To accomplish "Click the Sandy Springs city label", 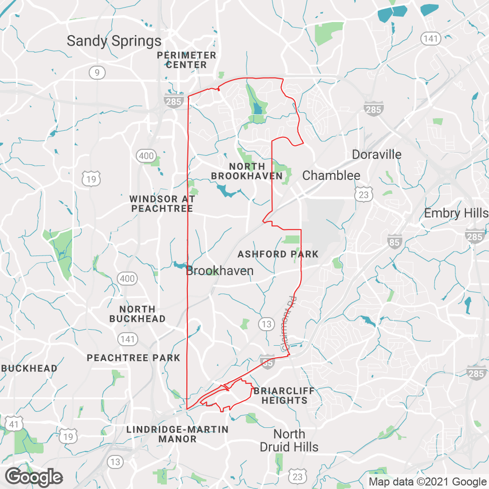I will coord(114,41).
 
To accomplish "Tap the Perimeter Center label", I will coord(186,60).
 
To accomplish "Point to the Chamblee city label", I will coord(331,175).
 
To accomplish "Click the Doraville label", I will coord(377,154).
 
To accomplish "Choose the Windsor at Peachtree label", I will coord(162,203).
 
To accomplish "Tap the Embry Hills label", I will coord(456,213).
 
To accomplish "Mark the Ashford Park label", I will coord(278,254).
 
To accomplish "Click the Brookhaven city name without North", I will coord(219,271).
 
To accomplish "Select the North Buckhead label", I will coord(137,314).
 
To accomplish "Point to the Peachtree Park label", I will coord(133,358).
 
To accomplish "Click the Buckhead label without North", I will coord(29,368).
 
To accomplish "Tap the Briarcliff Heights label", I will coord(284,395).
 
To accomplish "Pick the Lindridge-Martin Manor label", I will coord(177,434).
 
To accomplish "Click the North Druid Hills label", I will coord(289,440).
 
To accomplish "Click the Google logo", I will coord(34,476).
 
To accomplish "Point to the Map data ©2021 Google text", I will coord(427,481).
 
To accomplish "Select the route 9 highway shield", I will coord(97,73).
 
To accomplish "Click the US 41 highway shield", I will coord(14,425).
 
